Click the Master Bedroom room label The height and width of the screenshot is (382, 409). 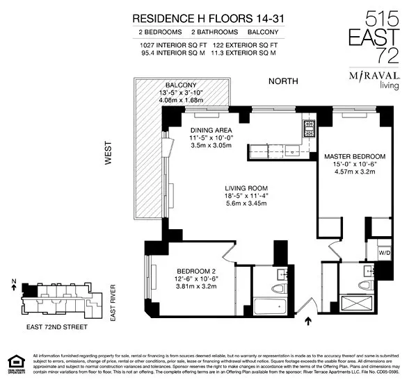354,156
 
